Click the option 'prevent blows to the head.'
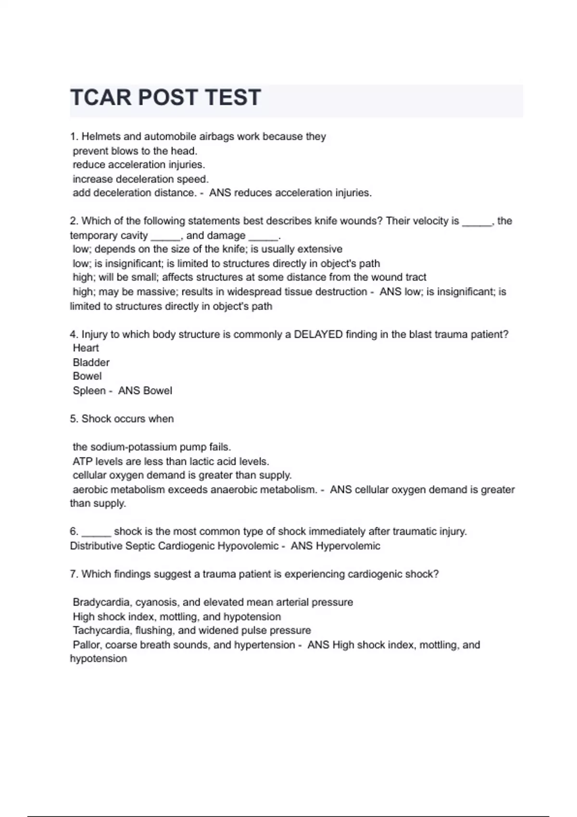(135, 151)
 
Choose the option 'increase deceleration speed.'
(140, 179)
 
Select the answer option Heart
(86, 348)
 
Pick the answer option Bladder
(91, 362)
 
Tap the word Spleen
(89, 391)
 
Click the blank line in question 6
(96, 532)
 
